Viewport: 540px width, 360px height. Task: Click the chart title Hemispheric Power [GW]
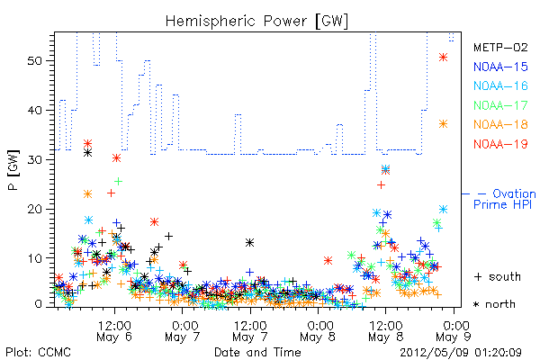[256, 22]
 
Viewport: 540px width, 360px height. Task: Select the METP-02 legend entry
[500, 48]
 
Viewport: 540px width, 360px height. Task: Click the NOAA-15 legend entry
[500, 67]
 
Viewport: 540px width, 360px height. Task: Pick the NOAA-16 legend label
[500, 85]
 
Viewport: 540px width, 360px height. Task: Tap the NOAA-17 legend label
[500, 105]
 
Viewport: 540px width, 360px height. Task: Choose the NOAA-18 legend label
[500, 124]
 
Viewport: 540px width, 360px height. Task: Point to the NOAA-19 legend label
[500, 144]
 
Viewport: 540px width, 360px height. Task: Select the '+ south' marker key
[498, 276]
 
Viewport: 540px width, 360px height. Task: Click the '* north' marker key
[494, 304]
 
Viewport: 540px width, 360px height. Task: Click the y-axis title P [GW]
[13, 170]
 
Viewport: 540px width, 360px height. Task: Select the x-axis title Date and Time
[257, 352]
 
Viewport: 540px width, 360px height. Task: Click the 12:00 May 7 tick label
[250, 331]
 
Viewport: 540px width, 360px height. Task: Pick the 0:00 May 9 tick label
[454, 331]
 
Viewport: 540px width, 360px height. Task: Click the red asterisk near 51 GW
[443, 58]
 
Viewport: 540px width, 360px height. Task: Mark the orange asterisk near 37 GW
[443, 124]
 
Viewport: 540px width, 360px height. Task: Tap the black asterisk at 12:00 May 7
[250, 243]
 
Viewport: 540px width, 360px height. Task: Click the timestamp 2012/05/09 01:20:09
[461, 353]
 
